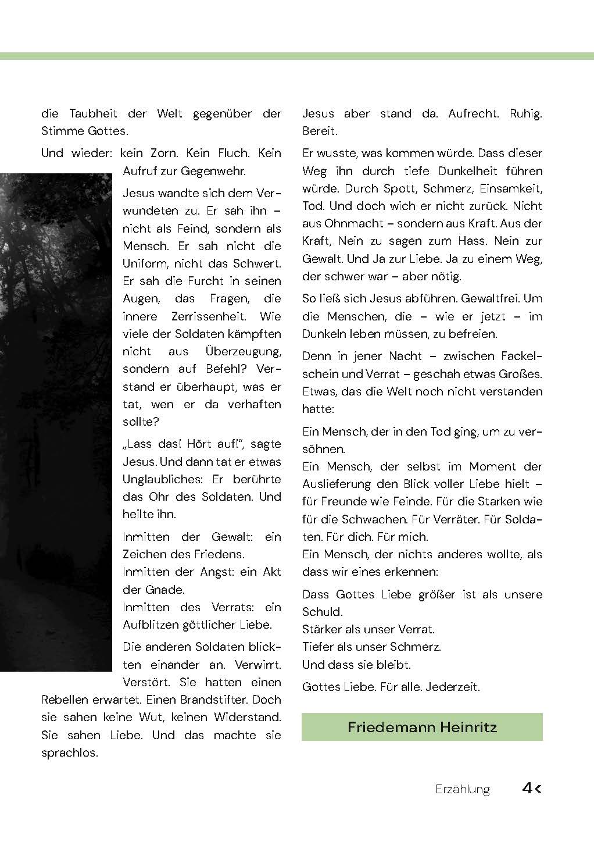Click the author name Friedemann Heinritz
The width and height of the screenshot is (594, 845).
(422, 727)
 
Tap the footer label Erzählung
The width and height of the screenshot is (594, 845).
(462, 789)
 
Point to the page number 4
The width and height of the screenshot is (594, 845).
(528, 788)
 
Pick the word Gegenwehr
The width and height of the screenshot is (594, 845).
(213, 172)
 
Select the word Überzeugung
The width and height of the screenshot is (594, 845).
(243, 352)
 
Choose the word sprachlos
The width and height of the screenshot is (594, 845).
(69, 753)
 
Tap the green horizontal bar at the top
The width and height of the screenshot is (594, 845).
(297, 56)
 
